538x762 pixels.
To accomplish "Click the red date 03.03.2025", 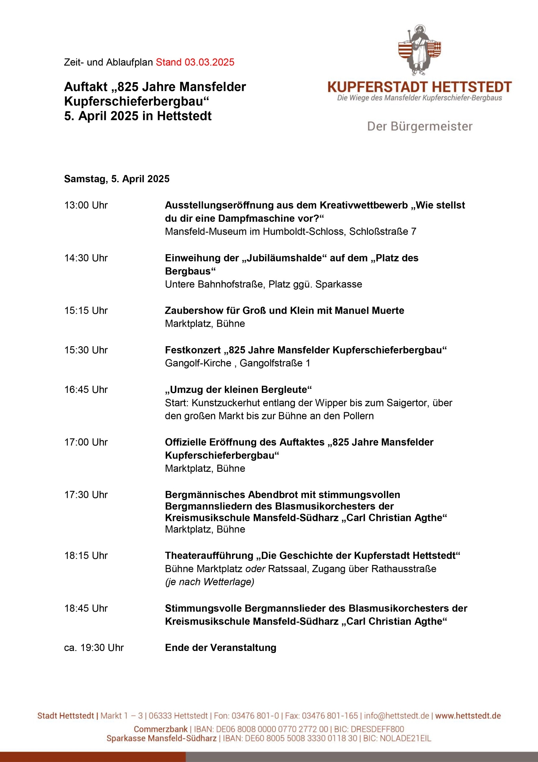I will point(209,62).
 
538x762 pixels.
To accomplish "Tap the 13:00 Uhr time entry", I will point(86,205).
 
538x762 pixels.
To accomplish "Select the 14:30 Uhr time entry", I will point(86,258).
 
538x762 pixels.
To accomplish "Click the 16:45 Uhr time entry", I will point(86,389).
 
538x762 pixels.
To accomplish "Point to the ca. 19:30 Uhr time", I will point(94,647).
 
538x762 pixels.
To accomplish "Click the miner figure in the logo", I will point(420,50).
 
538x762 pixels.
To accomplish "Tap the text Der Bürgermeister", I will point(420,126).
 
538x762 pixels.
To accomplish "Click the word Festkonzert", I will point(193,350).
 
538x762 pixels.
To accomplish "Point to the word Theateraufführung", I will point(209,555).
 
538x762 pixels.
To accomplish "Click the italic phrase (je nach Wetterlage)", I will point(210,582).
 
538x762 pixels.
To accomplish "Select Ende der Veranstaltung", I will point(221,647).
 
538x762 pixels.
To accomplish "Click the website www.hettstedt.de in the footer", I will point(468,716).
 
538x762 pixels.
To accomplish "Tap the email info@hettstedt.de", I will point(396,716).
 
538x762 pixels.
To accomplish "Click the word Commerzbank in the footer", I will point(161,729).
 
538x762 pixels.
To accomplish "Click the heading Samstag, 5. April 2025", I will point(117,179).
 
